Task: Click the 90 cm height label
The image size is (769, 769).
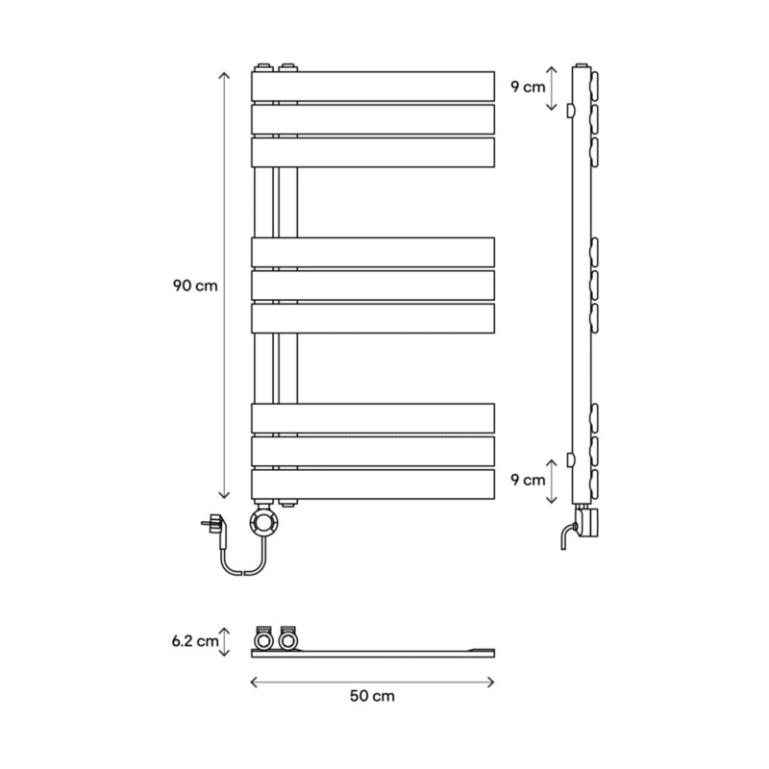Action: point(195,285)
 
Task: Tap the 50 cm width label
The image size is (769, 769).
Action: point(372,696)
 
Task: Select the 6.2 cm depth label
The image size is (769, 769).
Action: point(195,641)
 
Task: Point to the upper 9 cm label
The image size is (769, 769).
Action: point(528,87)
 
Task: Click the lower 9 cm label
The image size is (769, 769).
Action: point(528,480)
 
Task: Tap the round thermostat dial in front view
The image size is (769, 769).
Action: point(264,521)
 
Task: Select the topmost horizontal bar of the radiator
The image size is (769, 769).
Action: point(373,87)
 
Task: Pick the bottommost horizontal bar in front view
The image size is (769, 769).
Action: point(373,484)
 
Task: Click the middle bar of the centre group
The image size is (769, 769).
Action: point(373,285)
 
